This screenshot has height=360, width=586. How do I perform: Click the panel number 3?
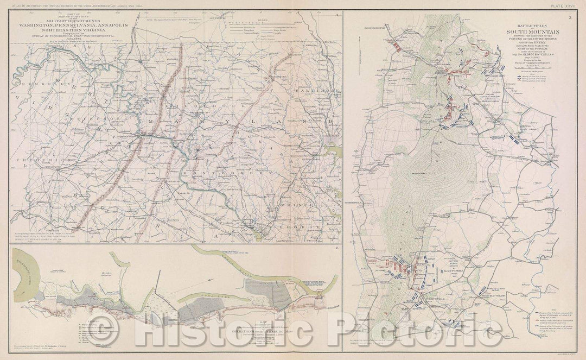coord(570,17)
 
